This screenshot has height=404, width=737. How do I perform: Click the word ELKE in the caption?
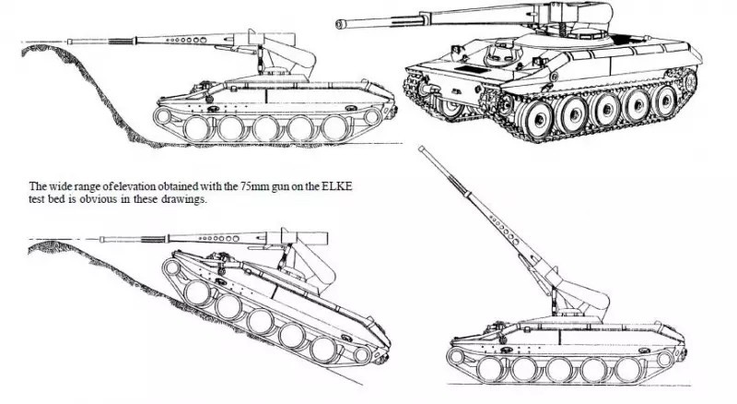336,186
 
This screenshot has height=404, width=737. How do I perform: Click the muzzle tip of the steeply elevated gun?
422,149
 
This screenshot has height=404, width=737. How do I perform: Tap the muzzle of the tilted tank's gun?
102,240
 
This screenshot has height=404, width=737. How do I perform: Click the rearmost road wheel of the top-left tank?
335,128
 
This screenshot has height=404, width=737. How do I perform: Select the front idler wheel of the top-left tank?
163,116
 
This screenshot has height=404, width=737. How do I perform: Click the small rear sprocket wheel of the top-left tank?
372,117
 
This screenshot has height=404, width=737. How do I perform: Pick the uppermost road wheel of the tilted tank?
197,293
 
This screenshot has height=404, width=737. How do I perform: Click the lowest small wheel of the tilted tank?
362,355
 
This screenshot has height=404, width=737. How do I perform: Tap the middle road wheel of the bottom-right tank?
559,370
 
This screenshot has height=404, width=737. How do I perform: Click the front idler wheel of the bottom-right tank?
455,356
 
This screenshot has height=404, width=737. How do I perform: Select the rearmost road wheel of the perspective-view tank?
665,101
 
